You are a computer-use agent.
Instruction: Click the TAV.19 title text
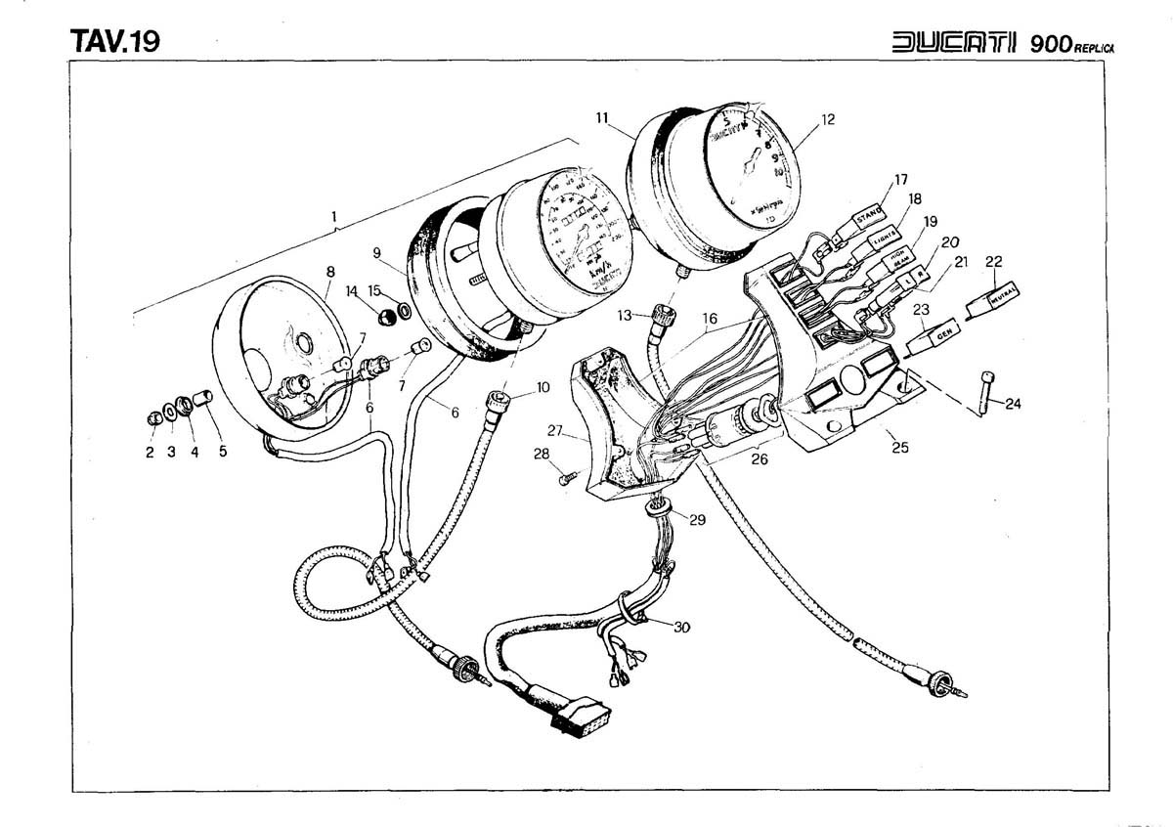[114, 41]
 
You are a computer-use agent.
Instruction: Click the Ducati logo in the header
[954, 44]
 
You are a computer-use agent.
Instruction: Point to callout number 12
[828, 120]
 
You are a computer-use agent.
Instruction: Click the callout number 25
[899, 448]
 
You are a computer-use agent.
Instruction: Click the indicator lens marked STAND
[871, 214]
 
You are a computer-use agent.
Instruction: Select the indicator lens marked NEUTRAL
[994, 294]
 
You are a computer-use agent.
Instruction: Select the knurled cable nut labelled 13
[664, 316]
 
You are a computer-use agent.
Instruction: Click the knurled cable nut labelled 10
[499, 398]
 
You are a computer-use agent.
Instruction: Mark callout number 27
[556, 430]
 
